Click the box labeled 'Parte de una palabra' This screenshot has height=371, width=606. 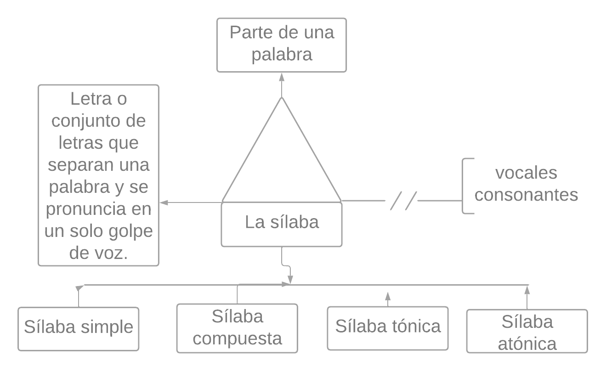click(281, 45)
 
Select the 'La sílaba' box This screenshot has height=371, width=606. click(281, 224)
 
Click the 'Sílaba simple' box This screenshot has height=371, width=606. click(79, 328)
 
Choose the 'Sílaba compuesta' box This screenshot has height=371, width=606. click(237, 328)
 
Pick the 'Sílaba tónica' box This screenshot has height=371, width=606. click(387, 328)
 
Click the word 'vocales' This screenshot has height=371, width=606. click(526, 173)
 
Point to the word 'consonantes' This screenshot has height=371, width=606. click(526, 195)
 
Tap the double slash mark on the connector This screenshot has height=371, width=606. click(403, 201)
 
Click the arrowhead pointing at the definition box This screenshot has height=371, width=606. click(163, 202)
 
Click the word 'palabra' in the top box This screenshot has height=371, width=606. click(282, 55)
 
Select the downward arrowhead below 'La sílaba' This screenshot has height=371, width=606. click(290, 280)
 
